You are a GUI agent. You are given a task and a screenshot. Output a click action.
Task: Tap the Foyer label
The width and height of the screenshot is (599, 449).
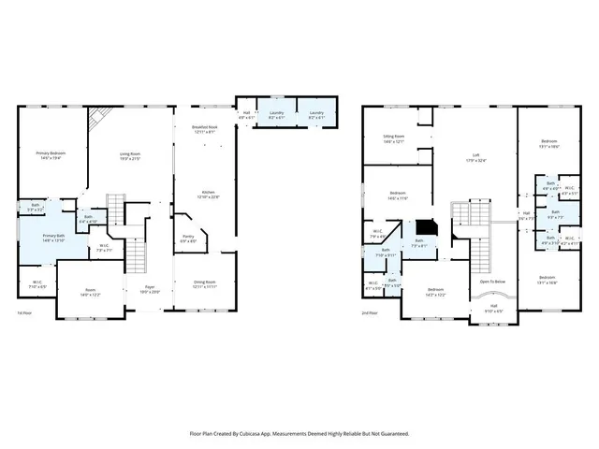(x=150, y=287)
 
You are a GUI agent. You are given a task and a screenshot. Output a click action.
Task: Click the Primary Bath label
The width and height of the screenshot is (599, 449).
(x=53, y=236)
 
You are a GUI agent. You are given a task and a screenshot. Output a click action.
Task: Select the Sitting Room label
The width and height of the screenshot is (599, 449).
(x=393, y=137)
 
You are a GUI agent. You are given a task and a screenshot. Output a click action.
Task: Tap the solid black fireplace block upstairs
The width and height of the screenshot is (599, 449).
(x=426, y=227)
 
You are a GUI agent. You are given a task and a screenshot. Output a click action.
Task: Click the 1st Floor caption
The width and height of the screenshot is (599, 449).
(x=24, y=312)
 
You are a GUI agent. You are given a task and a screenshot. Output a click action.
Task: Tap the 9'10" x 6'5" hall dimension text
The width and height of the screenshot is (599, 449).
(x=492, y=311)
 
